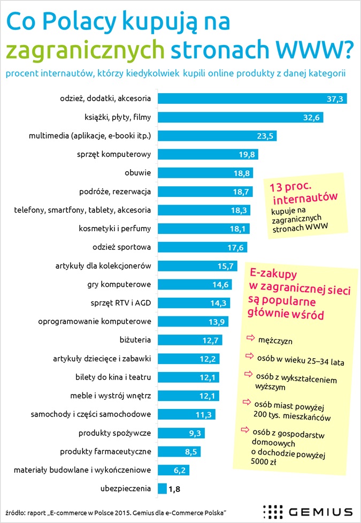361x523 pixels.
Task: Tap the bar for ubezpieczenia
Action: pyautogui.click(x=162, y=488)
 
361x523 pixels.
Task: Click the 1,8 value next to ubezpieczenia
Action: pyautogui.click(x=175, y=488)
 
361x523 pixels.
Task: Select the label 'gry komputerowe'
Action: pyautogui.click(x=119, y=284)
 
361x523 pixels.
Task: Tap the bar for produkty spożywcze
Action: pyautogui.click(x=181, y=433)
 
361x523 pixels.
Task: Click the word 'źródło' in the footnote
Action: pyautogui.click(x=16, y=512)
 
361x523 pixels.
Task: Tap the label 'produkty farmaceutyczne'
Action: pyautogui.click(x=105, y=451)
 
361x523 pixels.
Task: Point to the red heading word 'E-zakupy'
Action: pyautogui.click(x=277, y=273)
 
